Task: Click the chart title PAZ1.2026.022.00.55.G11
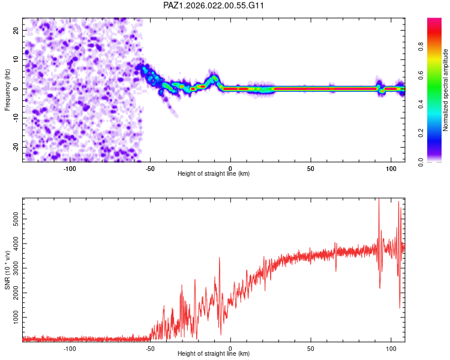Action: point(214,5)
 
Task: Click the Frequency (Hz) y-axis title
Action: point(7,89)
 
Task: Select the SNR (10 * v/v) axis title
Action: point(7,270)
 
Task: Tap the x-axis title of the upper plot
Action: point(214,173)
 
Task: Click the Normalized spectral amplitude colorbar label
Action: point(445,90)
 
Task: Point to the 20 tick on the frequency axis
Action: point(16,30)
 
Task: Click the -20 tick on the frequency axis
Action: point(14,147)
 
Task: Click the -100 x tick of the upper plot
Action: point(70,167)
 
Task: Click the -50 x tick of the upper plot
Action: point(150,167)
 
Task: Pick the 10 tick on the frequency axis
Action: point(16,59)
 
